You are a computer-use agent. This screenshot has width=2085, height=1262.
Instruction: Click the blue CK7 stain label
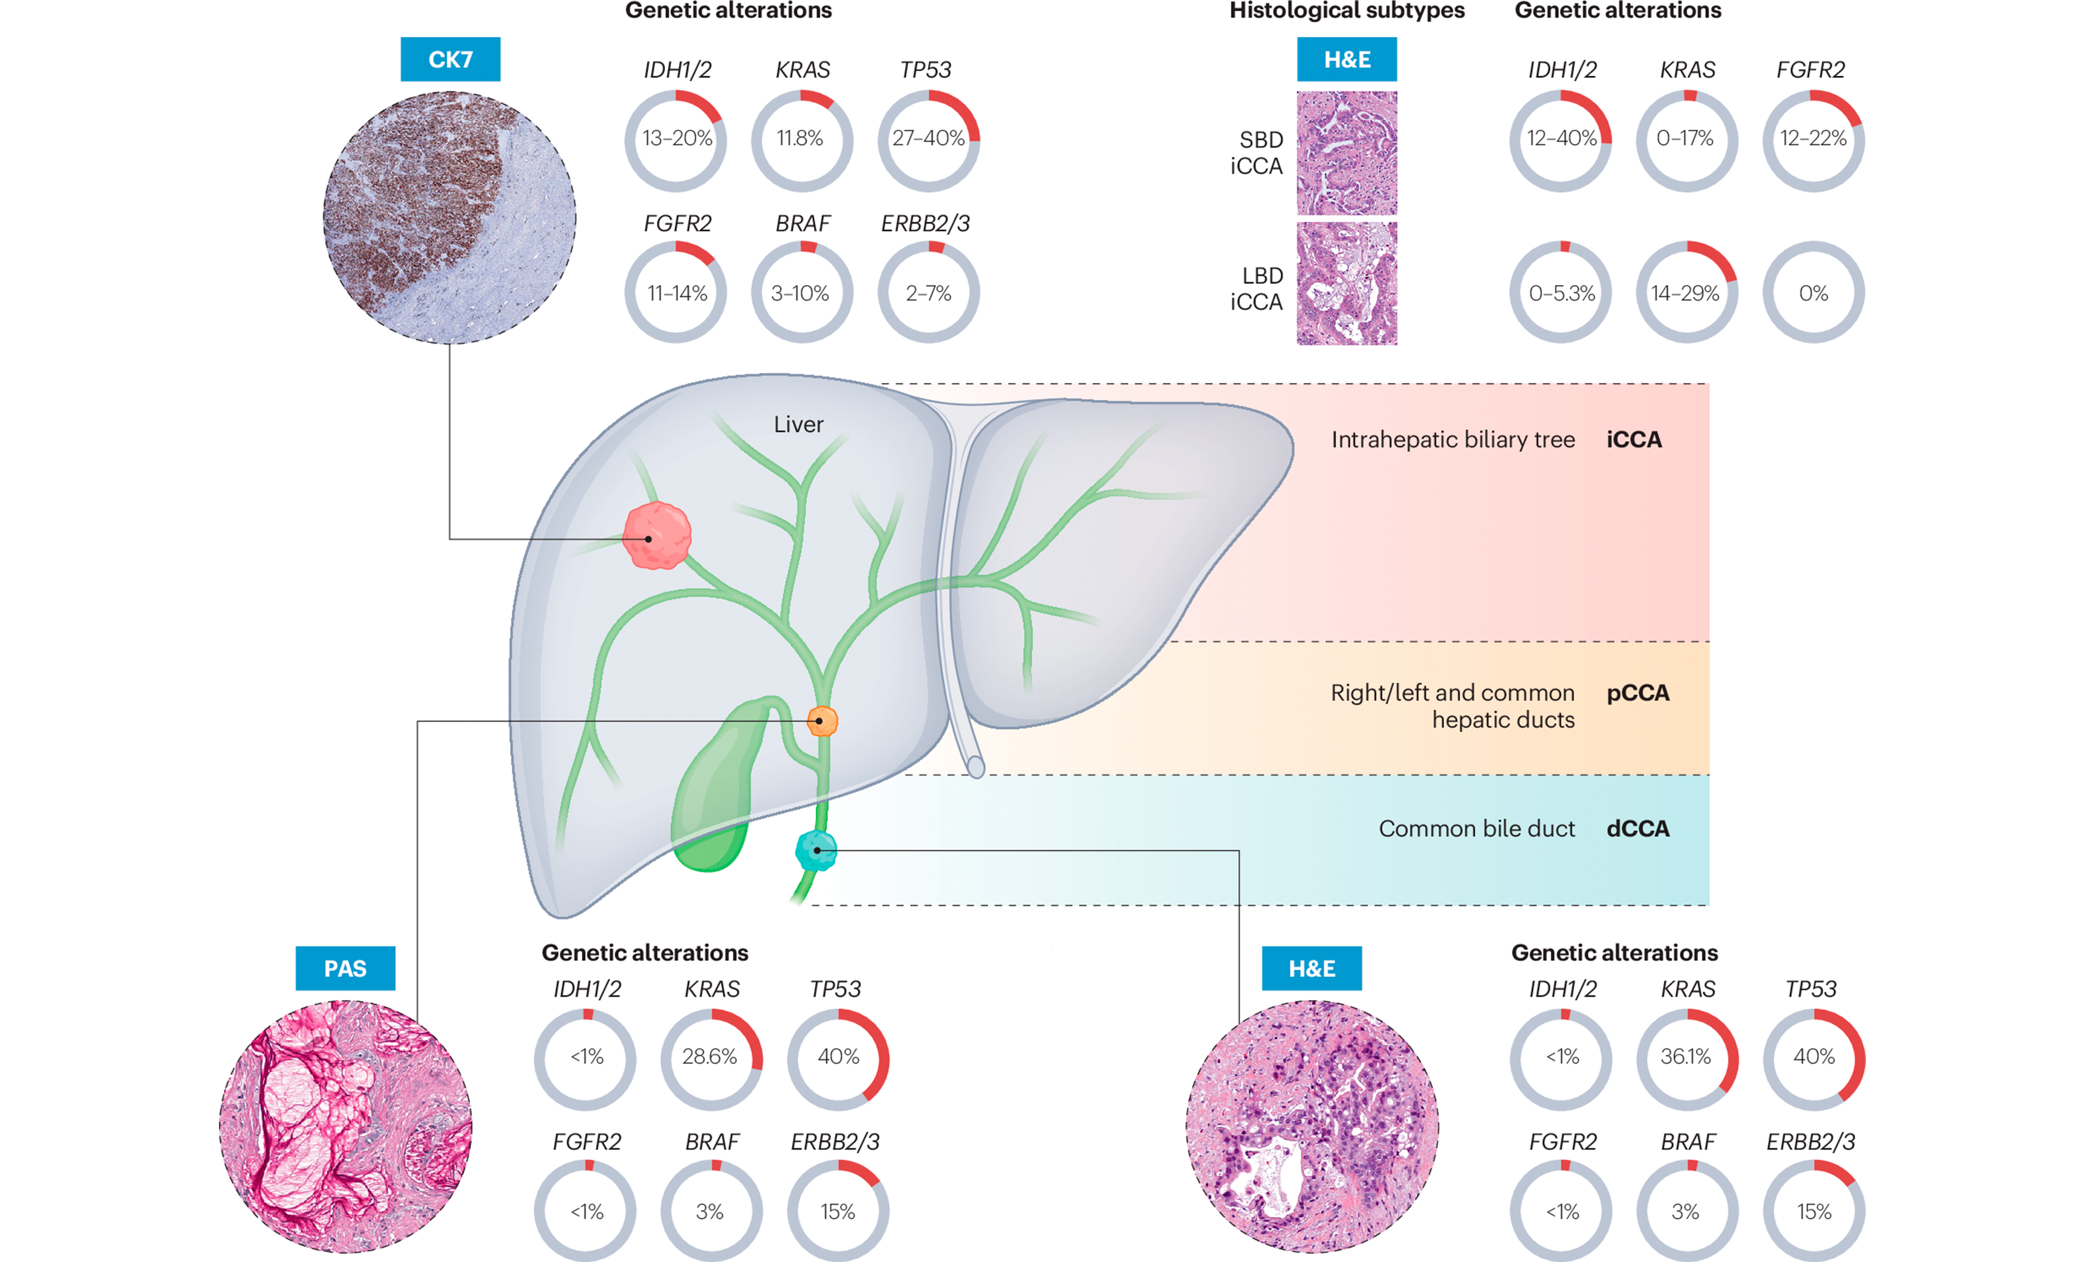click(x=450, y=59)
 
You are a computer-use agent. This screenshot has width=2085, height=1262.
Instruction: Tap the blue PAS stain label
click(x=345, y=968)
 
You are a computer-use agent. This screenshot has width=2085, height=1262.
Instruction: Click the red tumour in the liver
click(x=657, y=536)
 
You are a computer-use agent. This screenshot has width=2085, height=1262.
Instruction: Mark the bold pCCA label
click(x=1637, y=693)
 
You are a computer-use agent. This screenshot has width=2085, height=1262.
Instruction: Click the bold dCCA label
click(x=1637, y=829)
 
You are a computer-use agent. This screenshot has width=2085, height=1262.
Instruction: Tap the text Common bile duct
click(x=1477, y=829)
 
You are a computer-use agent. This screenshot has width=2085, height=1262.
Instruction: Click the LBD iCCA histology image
click(x=1347, y=283)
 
